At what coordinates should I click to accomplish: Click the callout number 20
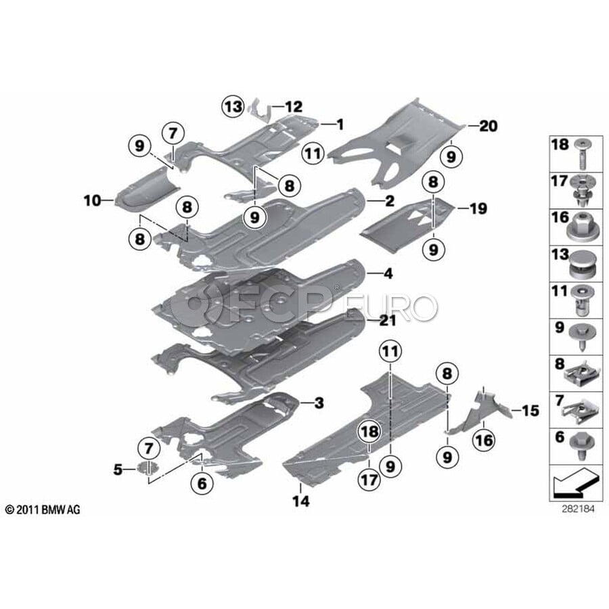pos(488,126)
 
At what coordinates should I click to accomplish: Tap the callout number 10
pos(93,201)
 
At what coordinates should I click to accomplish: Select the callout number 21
pos(388,321)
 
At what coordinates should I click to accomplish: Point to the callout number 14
pos(301,501)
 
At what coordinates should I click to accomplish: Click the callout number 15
pos(531,411)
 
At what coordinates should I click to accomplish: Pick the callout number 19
pos(478,208)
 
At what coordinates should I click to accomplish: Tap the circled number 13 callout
pos(233,106)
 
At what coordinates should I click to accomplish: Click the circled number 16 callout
pos(484,440)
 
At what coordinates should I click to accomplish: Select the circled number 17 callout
pos(369,479)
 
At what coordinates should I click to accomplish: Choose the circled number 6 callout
pos(202,483)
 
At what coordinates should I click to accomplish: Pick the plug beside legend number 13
pos(581,264)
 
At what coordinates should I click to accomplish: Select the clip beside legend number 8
pos(579,375)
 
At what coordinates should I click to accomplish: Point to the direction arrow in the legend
pos(574,482)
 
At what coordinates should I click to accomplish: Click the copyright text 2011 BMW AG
pos(43,510)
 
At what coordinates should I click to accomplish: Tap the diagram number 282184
pos(578,509)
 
